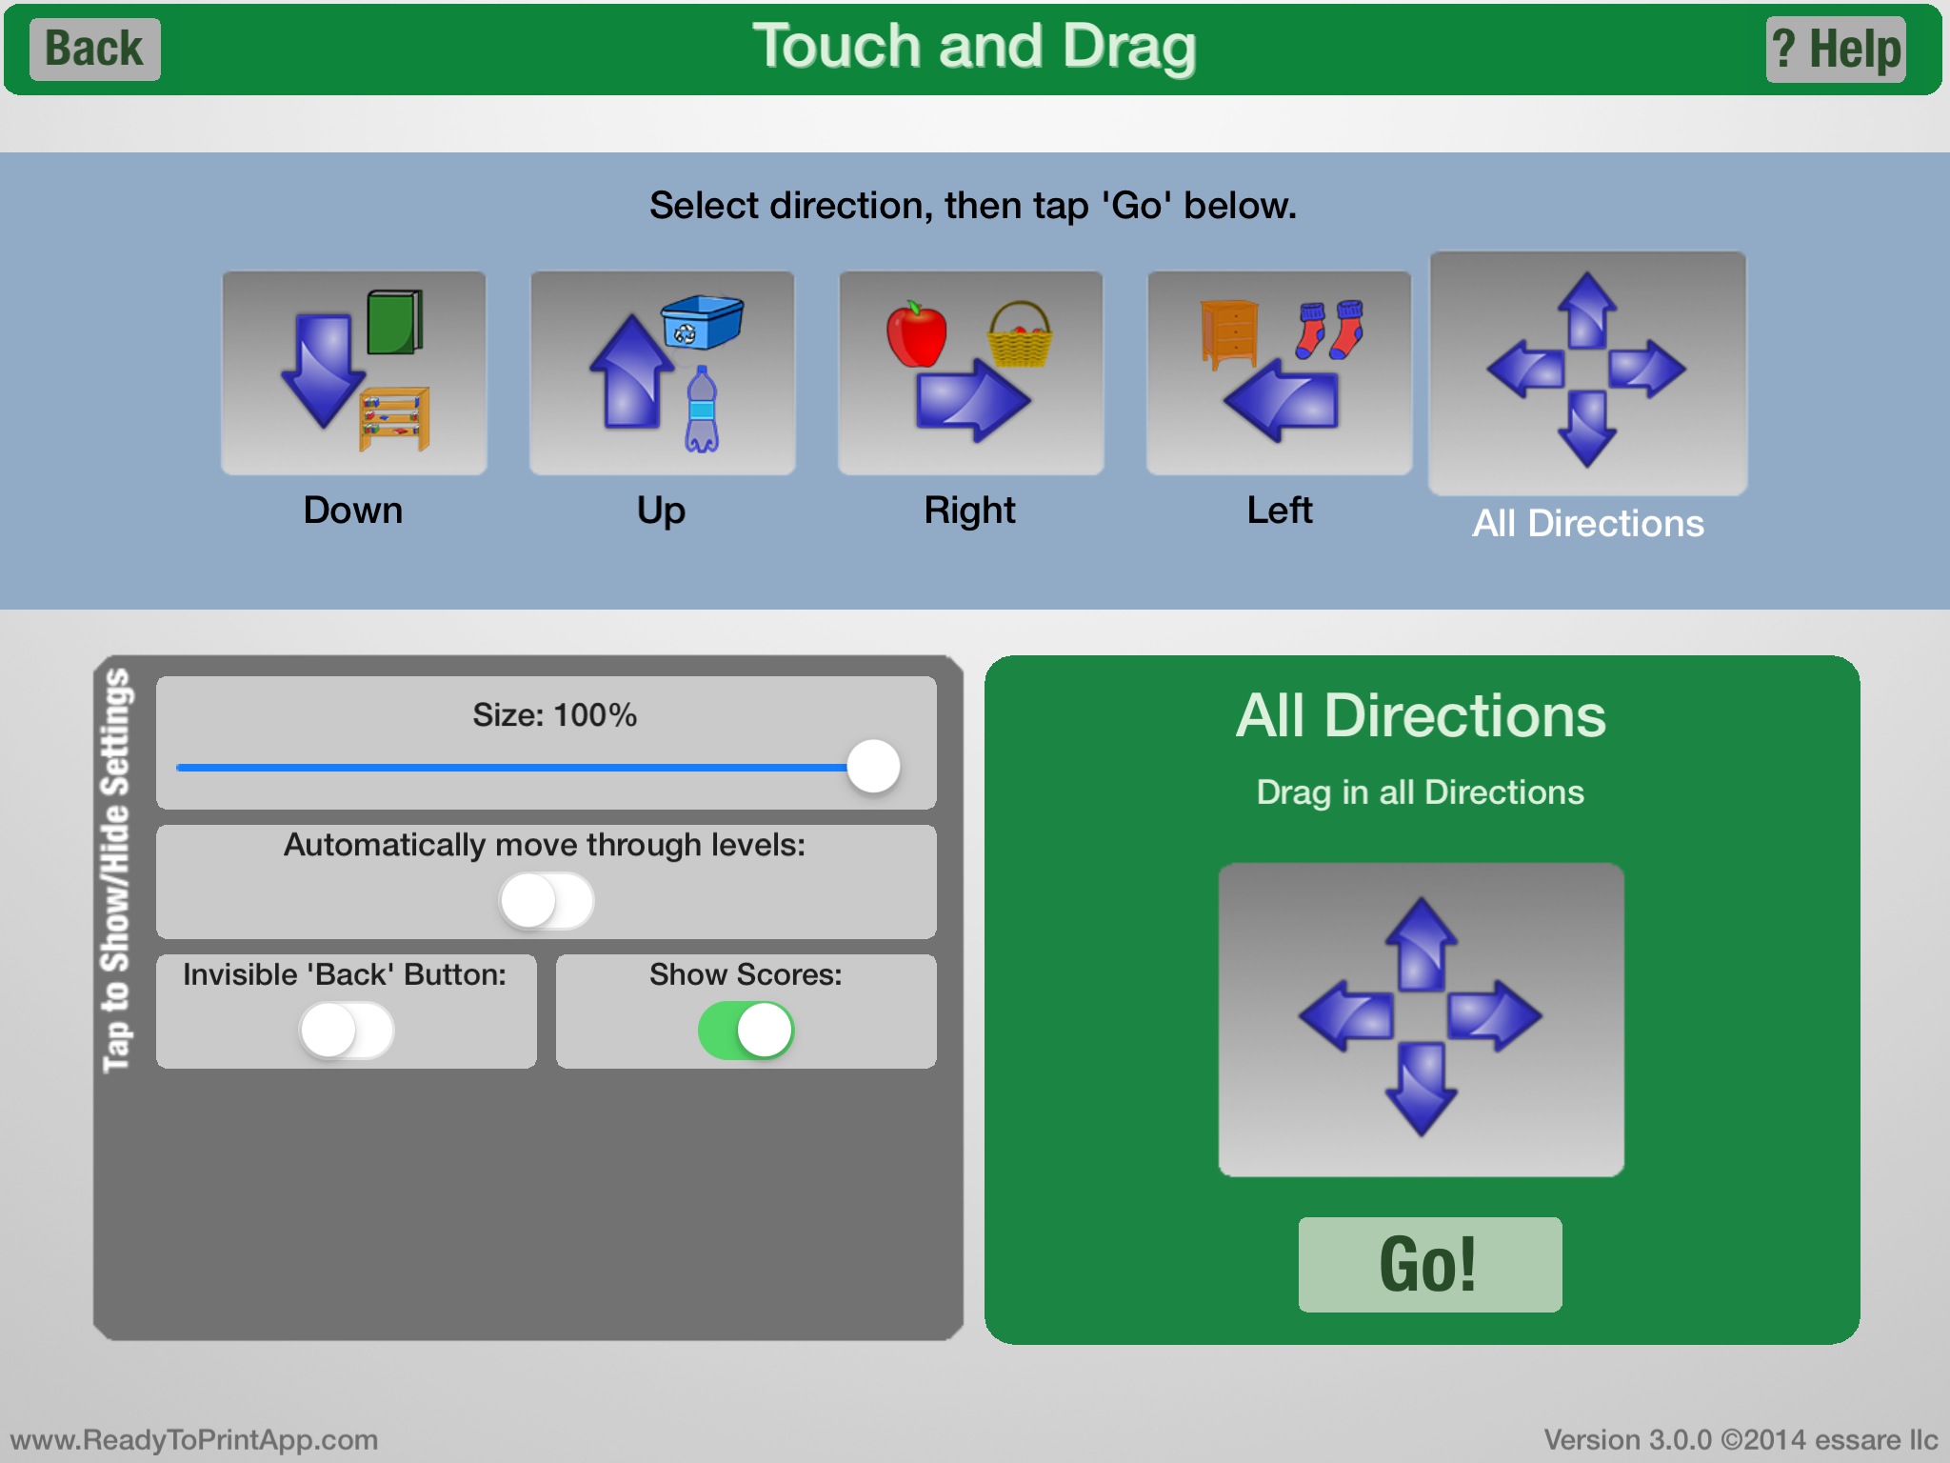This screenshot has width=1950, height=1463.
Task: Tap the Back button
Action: click(x=95, y=50)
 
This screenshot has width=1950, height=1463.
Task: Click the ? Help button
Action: click(x=1836, y=50)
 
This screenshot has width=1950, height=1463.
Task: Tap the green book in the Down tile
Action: click(x=395, y=322)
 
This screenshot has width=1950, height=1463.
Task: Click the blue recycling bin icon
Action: click(x=702, y=322)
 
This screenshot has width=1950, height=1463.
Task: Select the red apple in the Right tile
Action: click(x=916, y=334)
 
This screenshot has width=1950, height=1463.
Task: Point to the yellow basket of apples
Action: click(x=1020, y=334)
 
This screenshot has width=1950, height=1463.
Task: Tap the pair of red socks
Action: click(x=1330, y=330)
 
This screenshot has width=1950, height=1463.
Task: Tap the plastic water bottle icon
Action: click(x=702, y=410)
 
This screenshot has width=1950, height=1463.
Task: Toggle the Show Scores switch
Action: click(x=746, y=1031)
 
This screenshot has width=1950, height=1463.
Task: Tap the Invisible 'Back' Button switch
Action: click(x=347, y=1031)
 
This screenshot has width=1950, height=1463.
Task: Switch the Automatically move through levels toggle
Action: click(x=547, y=901)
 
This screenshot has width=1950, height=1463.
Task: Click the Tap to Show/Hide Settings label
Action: click(x=116, y=871)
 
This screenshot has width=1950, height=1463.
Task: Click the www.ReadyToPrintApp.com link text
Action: click(x=194, y=1439)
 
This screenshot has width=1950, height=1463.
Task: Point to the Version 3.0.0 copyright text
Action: click(x=1741, y=1439)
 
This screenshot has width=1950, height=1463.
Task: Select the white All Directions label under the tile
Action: click(x=1588, y=523)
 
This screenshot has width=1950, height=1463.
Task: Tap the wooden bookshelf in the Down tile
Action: click(x=394, y=419)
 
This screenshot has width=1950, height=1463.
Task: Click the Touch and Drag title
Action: click(x=974, y=47)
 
